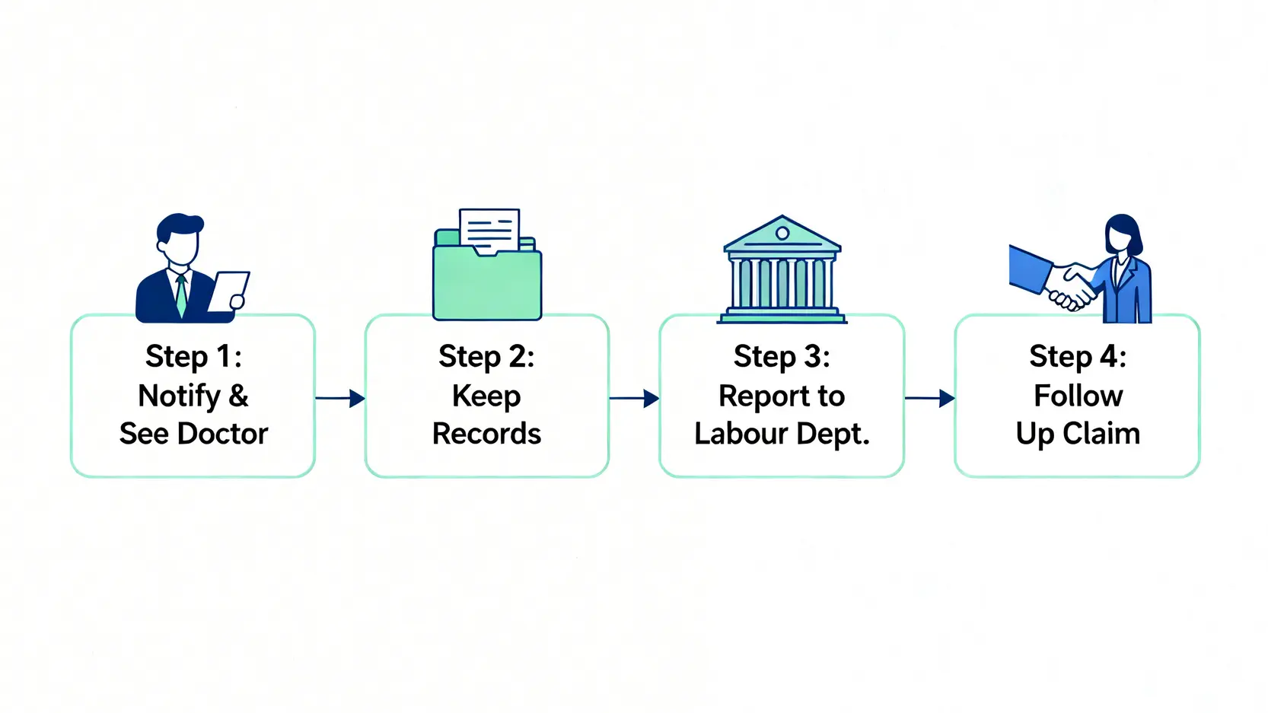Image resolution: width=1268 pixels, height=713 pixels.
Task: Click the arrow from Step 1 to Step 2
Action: click(340, 398)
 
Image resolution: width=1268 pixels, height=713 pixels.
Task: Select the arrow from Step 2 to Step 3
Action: click(634, 398)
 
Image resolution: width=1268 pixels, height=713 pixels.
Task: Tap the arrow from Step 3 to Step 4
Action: click(929, 398)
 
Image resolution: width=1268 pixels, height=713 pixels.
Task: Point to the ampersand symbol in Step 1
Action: click(238, 396)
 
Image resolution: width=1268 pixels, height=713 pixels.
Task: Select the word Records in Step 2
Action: click(486, 434)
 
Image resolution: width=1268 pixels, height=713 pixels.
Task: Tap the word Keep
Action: click(486, 396)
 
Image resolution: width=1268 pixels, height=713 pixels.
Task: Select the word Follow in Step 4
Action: click(1078, 396)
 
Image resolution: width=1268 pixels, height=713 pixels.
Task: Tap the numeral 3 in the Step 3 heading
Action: click(813, 356)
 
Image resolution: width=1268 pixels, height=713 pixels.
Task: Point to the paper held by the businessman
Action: click(228, 290)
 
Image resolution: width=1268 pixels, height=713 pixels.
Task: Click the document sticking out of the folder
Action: click(489, 228)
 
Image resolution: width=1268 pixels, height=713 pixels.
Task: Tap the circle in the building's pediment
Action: click(782, 233)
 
